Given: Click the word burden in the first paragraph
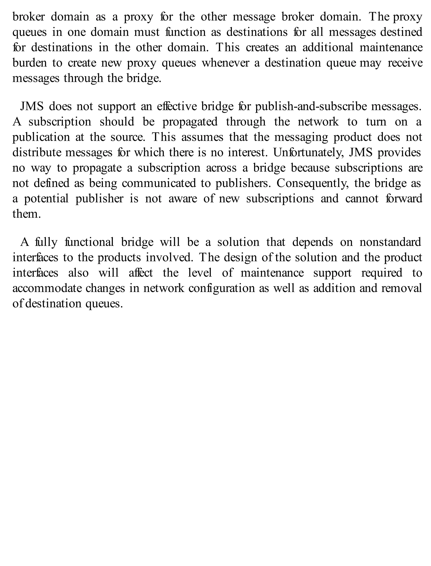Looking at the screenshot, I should [x=30, y=63].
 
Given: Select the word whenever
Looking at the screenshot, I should [x=225, y=63].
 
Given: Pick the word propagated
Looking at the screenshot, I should [x=190, y=122].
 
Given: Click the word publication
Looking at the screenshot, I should [x=41, y=137].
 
